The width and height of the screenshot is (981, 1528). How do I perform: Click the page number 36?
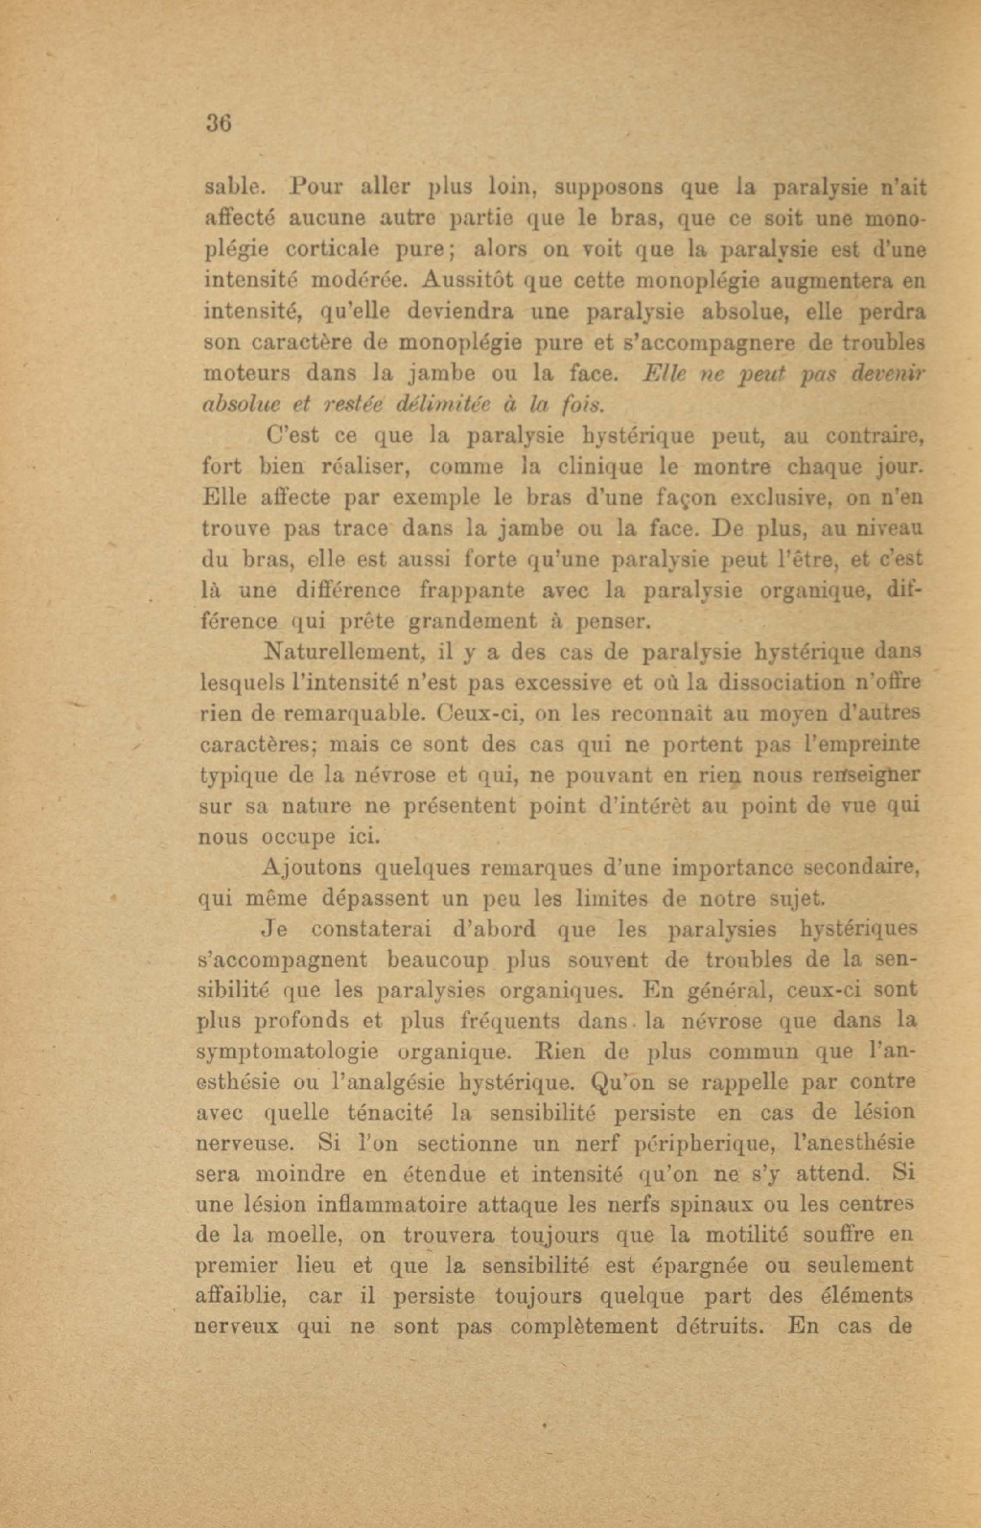tap(219, 124)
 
